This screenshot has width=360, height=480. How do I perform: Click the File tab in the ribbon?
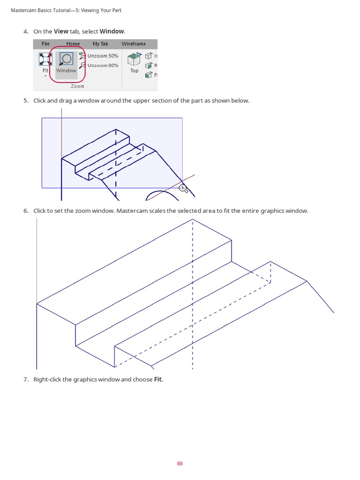click(x=45, y=44)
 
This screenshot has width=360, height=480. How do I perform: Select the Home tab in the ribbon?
click(x=73, y=44)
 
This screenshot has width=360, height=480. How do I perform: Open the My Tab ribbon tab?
click(x=100, y=44)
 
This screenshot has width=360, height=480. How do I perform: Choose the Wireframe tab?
click(x=134, y=44)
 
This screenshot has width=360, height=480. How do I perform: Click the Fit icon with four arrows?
click(x=45, y=59)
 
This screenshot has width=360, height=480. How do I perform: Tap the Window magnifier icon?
click(x=66, y=59)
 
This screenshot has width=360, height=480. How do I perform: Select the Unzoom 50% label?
click(x=103, y=56)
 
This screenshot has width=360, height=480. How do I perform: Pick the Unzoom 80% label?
click(x=103, y=65)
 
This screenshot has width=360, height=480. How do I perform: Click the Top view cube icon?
click(x=135, y=60)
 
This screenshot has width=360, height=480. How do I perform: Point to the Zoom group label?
click(x=77, y=86)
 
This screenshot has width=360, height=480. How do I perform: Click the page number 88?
click(x=180, y=464)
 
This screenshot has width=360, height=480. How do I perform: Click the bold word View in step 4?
click(x=61, y=31)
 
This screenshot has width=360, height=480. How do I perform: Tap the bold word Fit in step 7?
click(x=158, y=379)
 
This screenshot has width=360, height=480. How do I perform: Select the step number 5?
click(x=26, y=101)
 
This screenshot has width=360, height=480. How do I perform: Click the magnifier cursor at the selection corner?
click(x=183, y=188)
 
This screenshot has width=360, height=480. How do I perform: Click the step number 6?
click(x=26, y=211)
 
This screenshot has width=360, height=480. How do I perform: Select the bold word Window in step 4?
click(x=112, y=31)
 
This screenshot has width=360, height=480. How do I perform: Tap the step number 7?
click(x=26, y=379)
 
